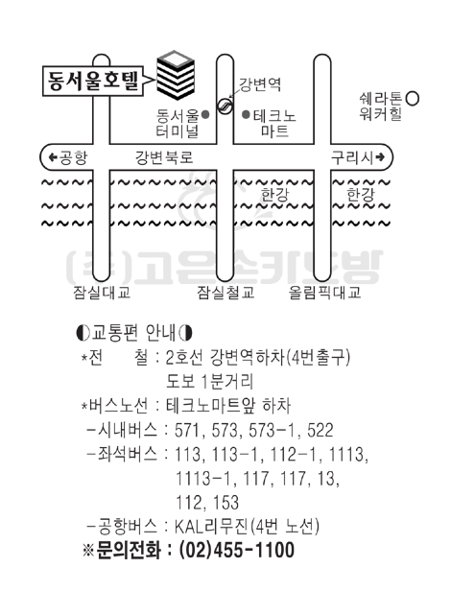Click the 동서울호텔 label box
93,81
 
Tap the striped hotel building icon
176,75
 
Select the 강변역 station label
260,84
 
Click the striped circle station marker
225,105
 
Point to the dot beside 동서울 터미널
205,115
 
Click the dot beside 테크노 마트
246,115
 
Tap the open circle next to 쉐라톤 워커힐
413,99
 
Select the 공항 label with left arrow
68,157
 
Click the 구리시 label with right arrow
358,157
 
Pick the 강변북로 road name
164,157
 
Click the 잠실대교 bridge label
102,293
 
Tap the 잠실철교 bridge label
225,293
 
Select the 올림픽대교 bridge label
324,293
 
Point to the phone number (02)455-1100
236,550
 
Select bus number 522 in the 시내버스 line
320,430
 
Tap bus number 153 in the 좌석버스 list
225,503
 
